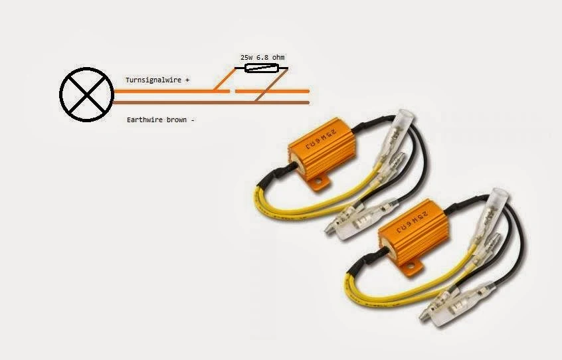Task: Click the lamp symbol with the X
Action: [x=86, y=96]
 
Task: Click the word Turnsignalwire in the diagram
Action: [x=152, y=80]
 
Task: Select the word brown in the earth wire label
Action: [x=176, y=121]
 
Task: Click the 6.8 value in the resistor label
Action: [x=264, y=58]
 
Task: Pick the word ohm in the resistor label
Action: [x=281, y=58]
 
